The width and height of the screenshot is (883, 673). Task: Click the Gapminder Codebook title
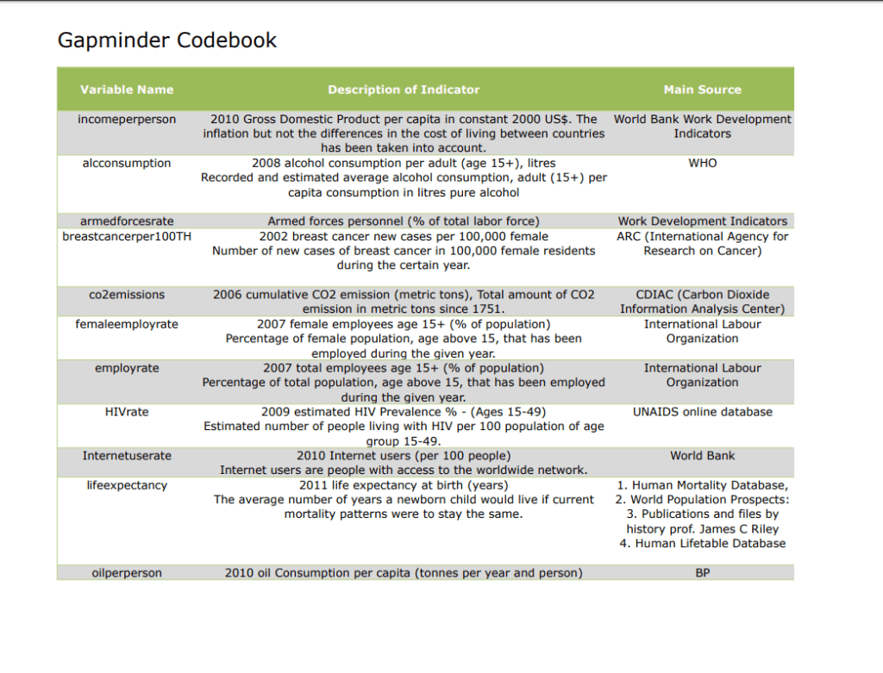[x=166, y=41]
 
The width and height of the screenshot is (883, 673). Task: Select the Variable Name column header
[x=127, y=90]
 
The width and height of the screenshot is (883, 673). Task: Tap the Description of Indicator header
[x=404, y=90]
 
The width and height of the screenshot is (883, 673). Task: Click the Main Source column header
[x=702, y=90]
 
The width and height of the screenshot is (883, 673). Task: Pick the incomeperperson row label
[x=127, y=120]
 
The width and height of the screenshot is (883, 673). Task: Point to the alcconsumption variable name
[x=127, y=164]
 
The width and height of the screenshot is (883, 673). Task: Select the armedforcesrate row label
[x=127, y=221]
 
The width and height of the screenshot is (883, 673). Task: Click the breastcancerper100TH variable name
[x=127, y=236]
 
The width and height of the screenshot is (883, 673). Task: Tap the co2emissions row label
[x=127, y=295]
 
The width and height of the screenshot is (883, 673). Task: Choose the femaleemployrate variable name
[x=127, y=324]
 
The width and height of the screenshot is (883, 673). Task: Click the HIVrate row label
[x=127, y=412]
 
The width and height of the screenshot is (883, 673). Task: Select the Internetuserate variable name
[x=127, y=456]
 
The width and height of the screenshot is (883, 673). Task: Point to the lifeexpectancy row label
[x=127, y=485]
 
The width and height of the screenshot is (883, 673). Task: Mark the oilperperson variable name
[x=127, y=573]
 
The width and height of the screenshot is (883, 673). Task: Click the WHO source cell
[x=702, y=164]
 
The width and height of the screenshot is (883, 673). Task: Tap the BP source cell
[x=702, y=573]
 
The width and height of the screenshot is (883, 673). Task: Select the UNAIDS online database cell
[x=702, y=412]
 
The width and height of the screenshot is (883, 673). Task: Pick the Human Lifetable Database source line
[x=702, y=544]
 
